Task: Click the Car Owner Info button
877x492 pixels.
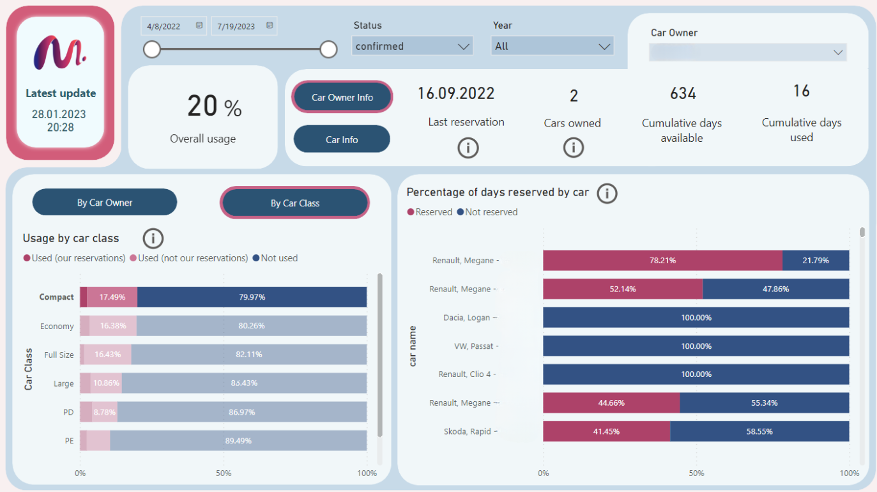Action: [x=342, y=97]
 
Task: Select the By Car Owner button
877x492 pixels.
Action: [x=105, y=203]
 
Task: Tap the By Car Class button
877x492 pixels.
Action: [x=294, y=203]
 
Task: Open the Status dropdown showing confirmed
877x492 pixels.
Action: [x=412, y=46]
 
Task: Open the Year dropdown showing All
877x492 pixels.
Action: [x=552, y=46]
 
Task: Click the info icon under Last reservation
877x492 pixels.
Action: [x=468, y=148]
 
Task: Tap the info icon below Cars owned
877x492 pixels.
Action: [x=573, y=148]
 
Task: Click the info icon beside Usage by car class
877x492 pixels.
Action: [x=153, y=238]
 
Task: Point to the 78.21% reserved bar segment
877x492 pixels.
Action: [x=662, y=261]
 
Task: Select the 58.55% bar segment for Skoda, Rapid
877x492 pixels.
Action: [x=759, y=431]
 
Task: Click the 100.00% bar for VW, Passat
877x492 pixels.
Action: [x=696, y=346]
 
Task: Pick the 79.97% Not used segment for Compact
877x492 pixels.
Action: [x=252, y=297]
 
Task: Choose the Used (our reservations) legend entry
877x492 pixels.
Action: [x=74, y=258]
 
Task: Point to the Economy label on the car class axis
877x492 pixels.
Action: [x=57, y=326]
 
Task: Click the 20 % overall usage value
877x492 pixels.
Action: [x=214, y=107]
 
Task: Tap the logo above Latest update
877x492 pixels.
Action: [x=60, y=52]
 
